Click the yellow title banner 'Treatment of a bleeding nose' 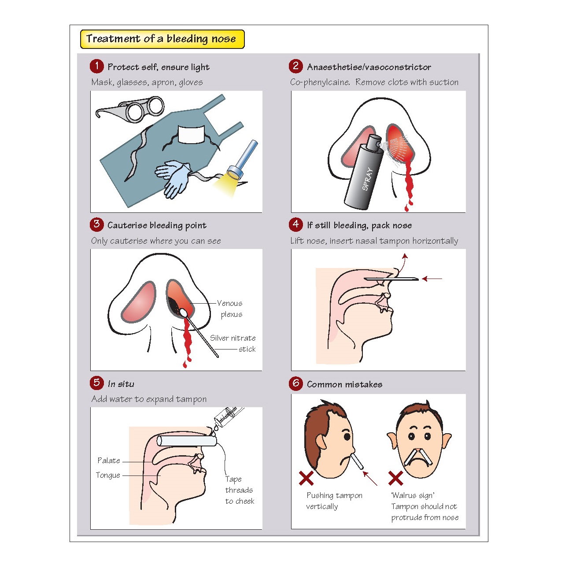[162, 39]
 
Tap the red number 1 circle [96, 66]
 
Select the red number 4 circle [296, 224]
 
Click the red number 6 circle [296, 383]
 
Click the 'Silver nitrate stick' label [233, 343]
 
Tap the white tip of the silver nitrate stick [183, 312]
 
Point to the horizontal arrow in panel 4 [432, 279]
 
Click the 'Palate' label [109, 461]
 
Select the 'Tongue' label [108, 475]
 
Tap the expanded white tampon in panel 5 [187, 441]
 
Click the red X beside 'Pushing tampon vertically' [306, 478]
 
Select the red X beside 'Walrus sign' [395, 478]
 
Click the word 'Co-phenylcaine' [320, 82]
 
